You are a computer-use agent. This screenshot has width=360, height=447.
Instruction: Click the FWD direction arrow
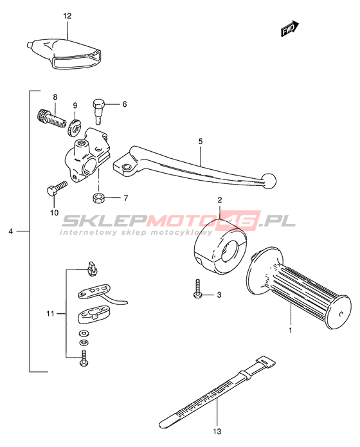(289, 29)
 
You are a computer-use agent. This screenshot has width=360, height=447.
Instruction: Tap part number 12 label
(67, 15)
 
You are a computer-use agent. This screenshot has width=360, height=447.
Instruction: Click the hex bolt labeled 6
(99, 111)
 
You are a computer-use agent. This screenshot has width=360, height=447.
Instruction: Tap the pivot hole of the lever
(125, 167)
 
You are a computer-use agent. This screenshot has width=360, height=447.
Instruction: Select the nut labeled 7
(98, 197)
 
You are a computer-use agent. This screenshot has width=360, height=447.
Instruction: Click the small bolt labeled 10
(57, 188)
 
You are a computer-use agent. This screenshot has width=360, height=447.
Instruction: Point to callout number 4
(10, 231)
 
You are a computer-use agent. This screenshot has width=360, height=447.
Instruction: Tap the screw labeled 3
(197, 289)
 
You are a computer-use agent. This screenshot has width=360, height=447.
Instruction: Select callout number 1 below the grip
(291, 331)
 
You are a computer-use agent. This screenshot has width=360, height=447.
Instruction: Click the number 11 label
(50, 314)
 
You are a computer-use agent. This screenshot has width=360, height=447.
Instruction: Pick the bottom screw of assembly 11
(84, 358)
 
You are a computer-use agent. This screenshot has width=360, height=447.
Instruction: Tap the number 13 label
(217, 432)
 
